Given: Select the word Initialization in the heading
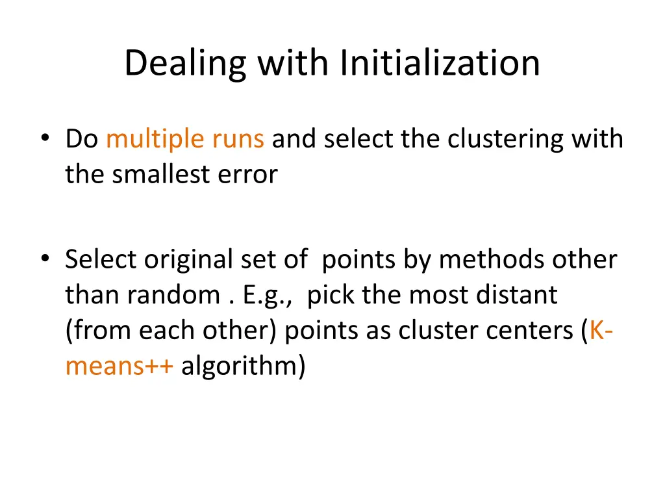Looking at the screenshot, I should (x=440, y=64).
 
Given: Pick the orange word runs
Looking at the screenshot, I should (x=239, y=139).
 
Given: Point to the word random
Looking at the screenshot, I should (x=173, y=296).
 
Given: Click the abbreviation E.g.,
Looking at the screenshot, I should (x=265, y=296).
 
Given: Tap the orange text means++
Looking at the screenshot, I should (x=119, y=367).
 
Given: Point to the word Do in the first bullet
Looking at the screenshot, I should (x=81, y=139).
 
